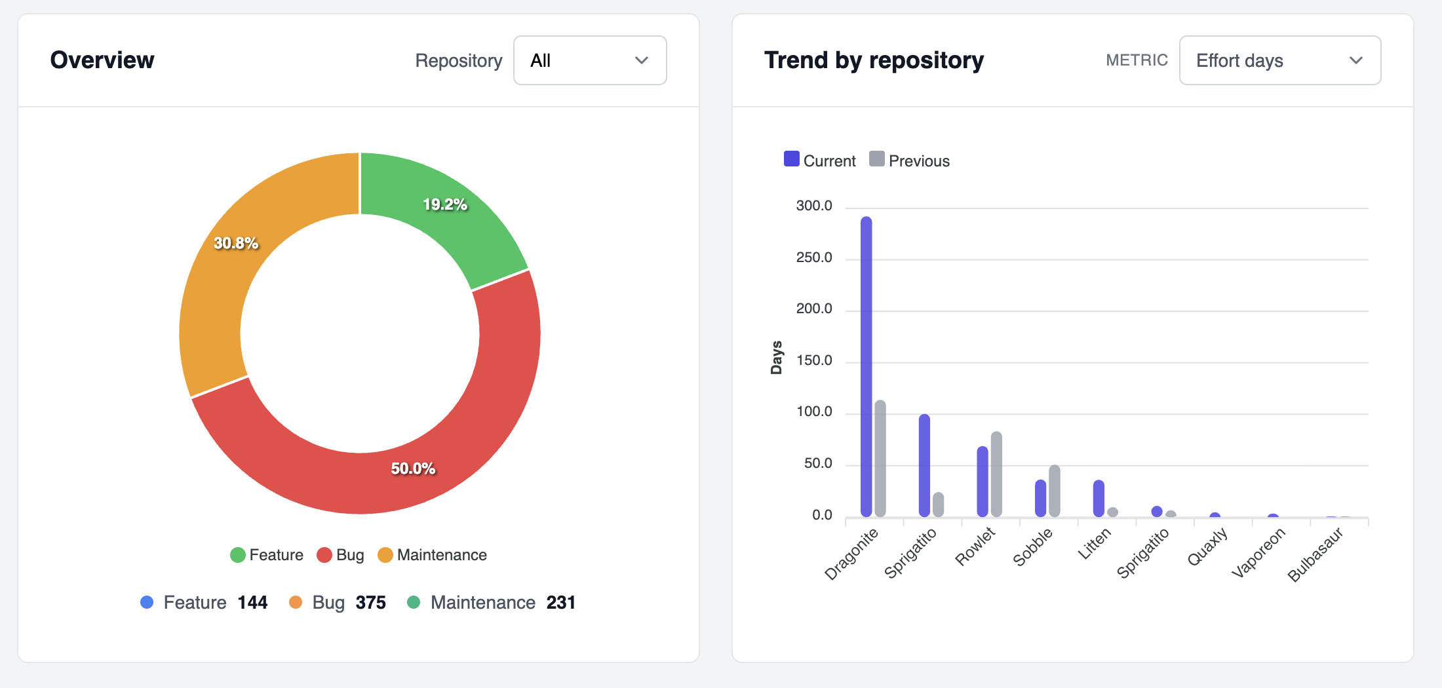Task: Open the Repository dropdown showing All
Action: click(589, 60)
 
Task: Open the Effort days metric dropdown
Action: click(1279, 60)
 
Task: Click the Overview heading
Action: click(102, 60)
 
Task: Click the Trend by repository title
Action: click(874, 60)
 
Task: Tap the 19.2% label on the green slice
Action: click(445, 204)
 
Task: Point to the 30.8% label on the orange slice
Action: click(236, 243)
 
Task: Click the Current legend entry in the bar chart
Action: click(820, 161)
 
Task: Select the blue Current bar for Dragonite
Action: click(867, 367)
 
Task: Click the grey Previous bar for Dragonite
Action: click(880, 459)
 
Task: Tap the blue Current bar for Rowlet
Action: click(983, 482)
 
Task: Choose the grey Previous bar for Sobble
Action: click(1055, 491)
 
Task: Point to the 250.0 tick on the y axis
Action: click(814, 258)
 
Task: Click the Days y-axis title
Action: click(777, 358)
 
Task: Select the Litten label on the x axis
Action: click(1095, 544)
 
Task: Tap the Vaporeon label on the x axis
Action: click(1258, 553)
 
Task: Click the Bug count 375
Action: click(371, 602)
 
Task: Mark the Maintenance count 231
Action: click(561, 602)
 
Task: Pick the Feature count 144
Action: click(252, 602)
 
